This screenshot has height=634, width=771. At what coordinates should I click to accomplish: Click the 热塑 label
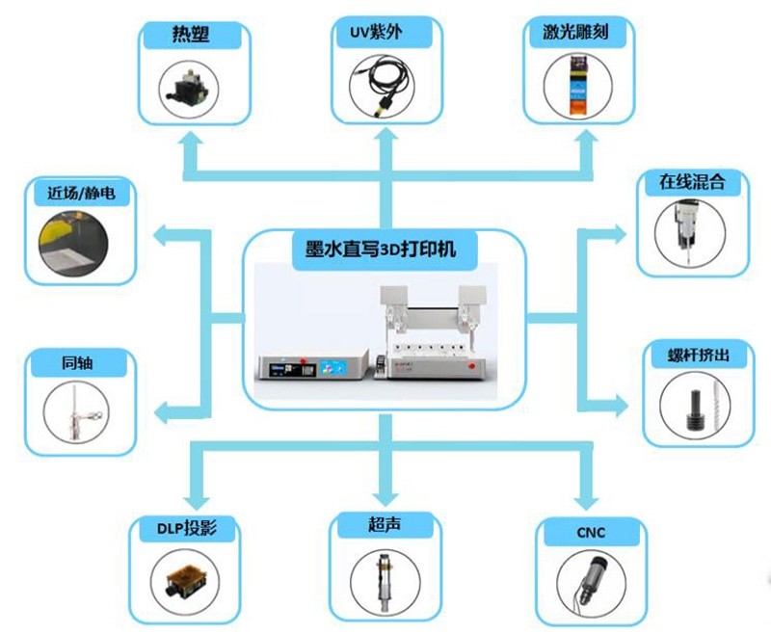click(191, 35)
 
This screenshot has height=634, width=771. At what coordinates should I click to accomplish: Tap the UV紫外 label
click(376, 33)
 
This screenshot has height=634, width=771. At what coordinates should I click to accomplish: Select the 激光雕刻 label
click(575, 32)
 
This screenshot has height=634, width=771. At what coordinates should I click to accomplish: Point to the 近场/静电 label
click(82, 193)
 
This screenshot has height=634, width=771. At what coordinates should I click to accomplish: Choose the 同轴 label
click(77, 363)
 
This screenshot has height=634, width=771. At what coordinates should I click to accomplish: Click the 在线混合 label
click(692, 182)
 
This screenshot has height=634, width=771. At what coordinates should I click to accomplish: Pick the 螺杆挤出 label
click(698, 355)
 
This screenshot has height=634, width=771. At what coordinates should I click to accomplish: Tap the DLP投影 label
click(187, 528)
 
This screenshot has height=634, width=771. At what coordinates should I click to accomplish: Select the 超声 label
click(384, 524)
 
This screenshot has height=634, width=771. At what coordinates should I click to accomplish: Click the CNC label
click(591, 532)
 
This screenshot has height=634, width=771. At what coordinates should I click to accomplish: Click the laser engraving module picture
click(578, 86)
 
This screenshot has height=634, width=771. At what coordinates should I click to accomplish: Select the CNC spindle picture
click(592, 581)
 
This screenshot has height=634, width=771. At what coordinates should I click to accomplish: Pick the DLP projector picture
click(185, 581)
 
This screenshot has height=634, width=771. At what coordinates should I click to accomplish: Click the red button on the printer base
click(471, 365)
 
